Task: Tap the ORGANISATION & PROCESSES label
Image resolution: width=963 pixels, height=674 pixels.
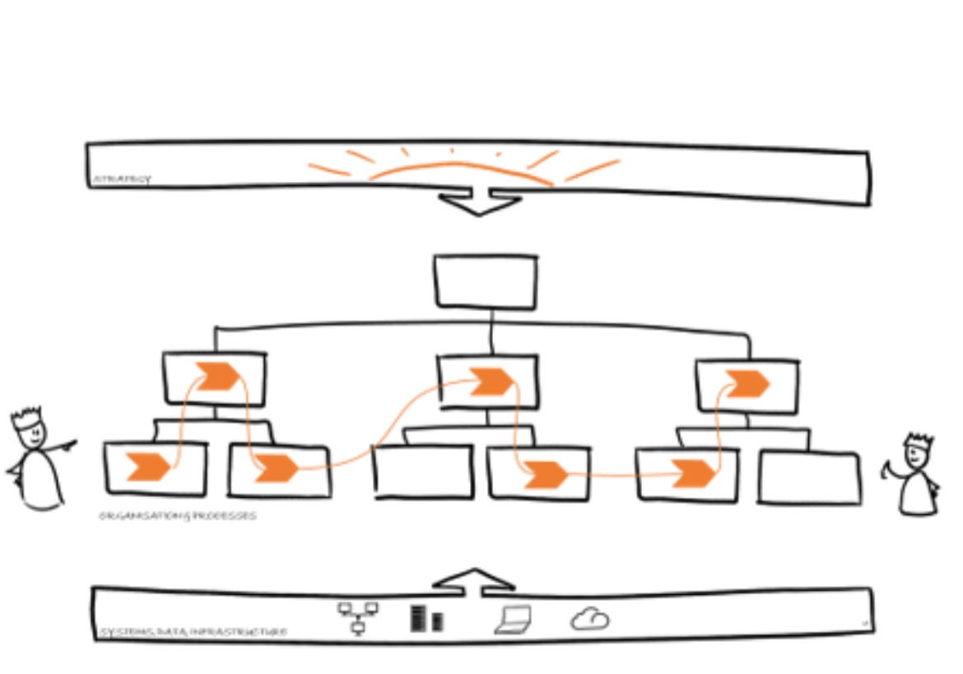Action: [177, 516]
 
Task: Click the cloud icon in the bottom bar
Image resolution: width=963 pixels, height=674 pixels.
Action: [590, 618]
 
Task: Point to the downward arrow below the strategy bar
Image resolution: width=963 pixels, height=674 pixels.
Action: [477, 202]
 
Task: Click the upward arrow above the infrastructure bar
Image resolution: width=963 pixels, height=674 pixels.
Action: [474, 579]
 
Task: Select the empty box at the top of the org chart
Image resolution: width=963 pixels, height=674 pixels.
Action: [486, 281]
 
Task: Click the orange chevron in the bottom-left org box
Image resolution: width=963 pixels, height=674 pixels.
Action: [148, 467]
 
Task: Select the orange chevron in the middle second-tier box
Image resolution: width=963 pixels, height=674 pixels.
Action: [489, 382]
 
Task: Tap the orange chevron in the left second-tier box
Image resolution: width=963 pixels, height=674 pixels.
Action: [216, 376]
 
